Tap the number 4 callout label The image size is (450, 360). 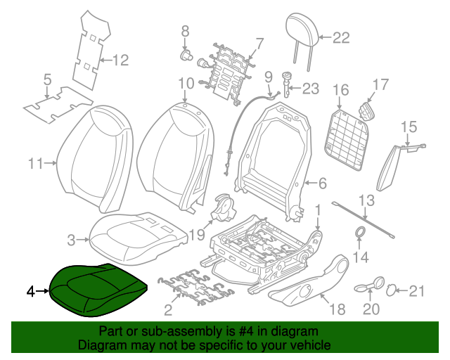[x=30, y=290]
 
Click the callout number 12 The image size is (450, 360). [x=121, y=60]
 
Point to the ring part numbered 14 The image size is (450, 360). [x=359, y=234]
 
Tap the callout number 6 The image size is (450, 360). [x=322, y=184]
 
